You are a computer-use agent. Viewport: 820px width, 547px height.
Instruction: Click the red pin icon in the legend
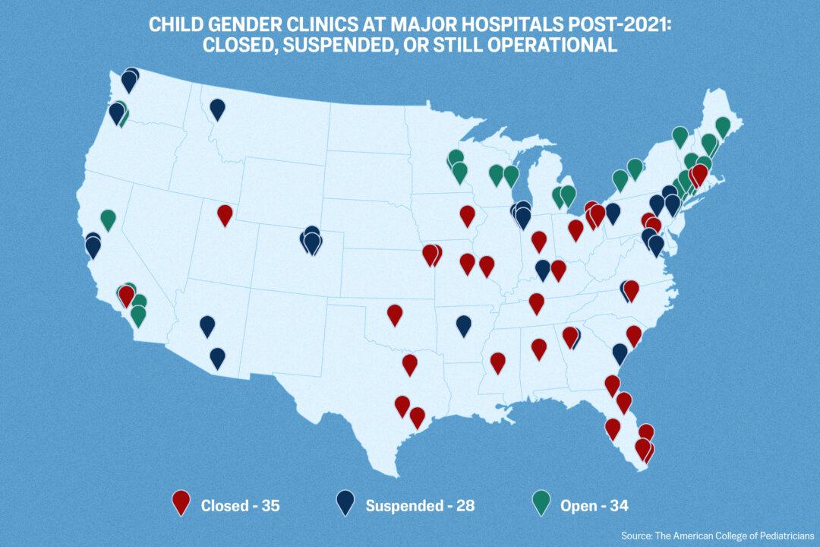tap(181, 503)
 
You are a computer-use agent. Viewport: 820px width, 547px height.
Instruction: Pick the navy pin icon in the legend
tap(345, 503)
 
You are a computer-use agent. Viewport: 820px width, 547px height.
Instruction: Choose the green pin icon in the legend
tap(541, 503)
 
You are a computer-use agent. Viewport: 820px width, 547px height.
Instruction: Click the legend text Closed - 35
tap(241, 505)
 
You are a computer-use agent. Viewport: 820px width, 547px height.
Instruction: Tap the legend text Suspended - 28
tap(420, 505)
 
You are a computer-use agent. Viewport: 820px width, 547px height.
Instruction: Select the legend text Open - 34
tap(594, 505)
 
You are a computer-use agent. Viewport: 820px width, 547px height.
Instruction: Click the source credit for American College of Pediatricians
tap(717, 536)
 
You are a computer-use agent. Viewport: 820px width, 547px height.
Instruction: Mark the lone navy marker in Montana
tap(218, 109)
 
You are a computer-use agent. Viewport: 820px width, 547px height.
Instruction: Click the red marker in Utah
tap(225, 214)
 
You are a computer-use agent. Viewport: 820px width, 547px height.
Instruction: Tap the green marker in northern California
tap(109, 220)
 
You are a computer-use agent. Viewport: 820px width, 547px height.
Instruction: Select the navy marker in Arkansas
tap(464, 324)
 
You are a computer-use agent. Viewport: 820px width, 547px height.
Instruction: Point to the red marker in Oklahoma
tap(395, 313)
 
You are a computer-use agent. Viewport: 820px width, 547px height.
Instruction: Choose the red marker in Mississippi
tap(498, 362)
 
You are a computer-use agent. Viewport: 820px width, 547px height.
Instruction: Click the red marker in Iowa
tap(468, 215)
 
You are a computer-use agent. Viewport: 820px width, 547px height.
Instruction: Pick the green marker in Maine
tap(723, 126)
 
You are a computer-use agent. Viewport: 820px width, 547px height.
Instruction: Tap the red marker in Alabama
tap(539, 348)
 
